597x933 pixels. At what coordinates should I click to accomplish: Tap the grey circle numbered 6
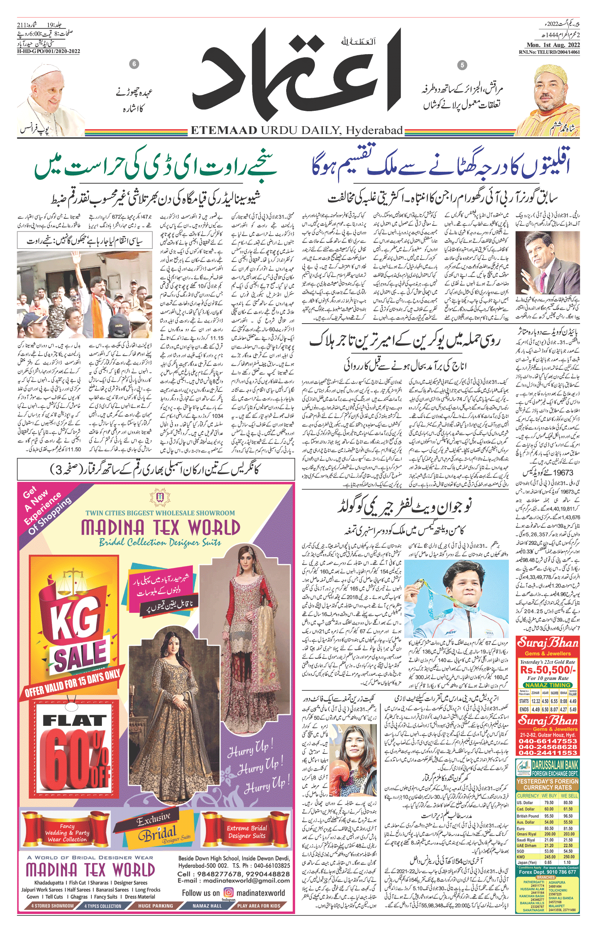[134, 64]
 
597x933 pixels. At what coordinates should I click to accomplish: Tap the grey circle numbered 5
[462, 65]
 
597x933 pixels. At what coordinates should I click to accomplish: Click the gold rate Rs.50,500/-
[548, 670]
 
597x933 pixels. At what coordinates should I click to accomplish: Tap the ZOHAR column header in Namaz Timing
[535, 693]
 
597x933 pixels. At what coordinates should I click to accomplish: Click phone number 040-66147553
[548, 741]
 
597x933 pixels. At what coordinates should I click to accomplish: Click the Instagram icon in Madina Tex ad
[229, 904]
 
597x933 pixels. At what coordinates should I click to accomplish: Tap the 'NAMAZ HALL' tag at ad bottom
[207, 917]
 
